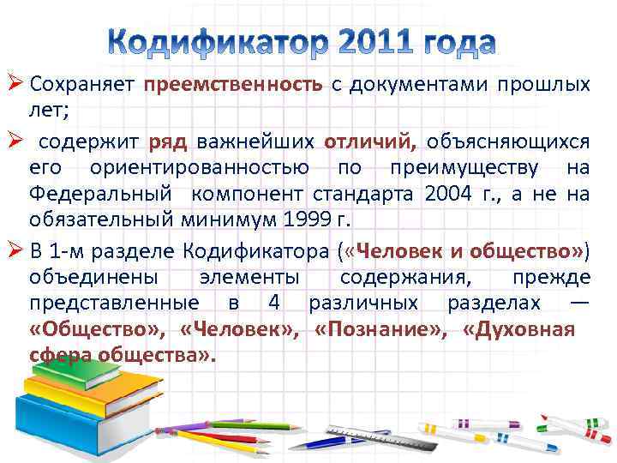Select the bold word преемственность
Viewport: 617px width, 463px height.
click(233, 85)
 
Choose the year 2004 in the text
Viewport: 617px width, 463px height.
click(447, 195)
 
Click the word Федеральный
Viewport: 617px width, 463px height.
click(99, 195)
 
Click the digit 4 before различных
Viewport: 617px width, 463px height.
click(273, 303)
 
